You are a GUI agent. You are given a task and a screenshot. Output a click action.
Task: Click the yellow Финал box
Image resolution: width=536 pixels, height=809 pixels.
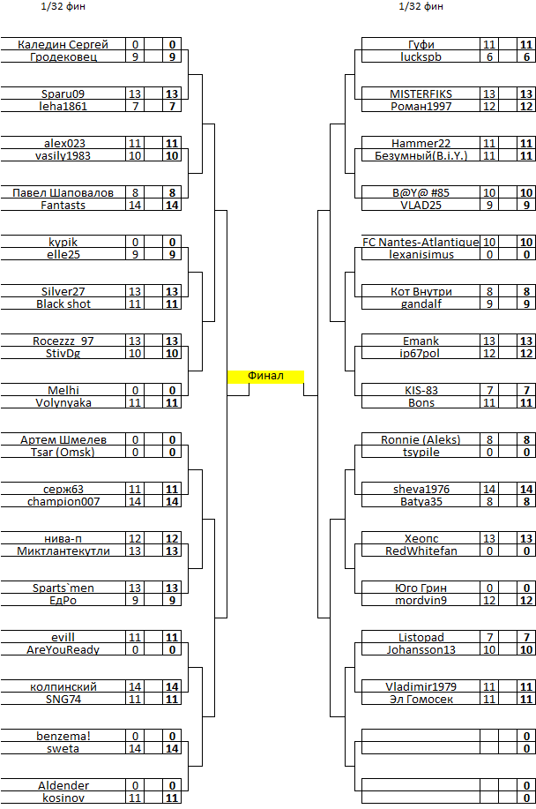[265, 376]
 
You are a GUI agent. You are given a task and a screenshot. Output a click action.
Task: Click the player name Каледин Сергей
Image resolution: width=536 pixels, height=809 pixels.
[63, 44]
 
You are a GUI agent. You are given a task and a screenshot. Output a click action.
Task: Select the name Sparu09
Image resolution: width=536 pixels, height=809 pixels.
[63, 94]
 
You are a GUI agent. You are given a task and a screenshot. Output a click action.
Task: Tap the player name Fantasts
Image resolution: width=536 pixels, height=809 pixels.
[63, 206]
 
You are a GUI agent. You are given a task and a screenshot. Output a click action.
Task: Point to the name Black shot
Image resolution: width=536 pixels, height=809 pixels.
[63, 303]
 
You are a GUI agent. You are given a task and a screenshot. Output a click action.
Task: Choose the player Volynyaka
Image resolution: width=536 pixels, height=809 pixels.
[63, 403]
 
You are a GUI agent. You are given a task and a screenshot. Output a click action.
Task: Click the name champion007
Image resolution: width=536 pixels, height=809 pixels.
[63, 501]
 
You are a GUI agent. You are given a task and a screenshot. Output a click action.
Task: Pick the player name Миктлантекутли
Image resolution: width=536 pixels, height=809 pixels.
[63, 551]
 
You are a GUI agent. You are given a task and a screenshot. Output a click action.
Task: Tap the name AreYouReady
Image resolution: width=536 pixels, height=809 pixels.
[63, 650]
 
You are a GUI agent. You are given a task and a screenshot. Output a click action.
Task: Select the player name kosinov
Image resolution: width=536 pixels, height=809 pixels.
[63, 798]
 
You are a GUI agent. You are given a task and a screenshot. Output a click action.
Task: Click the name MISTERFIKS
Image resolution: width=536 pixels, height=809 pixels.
[421, 94]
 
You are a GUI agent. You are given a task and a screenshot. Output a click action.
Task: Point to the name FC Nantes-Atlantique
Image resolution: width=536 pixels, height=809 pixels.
[421, 242]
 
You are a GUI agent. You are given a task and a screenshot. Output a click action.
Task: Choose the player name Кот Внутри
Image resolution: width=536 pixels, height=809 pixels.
[421, 291]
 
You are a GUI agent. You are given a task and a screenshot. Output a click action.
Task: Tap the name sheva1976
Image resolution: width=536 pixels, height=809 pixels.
[421, 489]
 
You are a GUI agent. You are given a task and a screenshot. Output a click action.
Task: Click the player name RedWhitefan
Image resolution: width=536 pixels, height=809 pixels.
[421, 551]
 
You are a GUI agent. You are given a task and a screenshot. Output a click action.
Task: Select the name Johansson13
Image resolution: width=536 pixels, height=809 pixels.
[421, 650]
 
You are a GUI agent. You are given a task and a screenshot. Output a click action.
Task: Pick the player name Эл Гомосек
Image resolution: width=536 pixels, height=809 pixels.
[421, 700]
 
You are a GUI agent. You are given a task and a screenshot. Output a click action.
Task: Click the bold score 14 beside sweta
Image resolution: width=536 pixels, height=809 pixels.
[172, 749]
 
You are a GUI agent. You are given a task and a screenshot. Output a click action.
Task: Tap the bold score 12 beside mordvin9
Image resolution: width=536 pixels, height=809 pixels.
[526, 601]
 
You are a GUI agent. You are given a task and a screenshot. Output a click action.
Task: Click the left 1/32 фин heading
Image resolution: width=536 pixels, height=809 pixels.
[63, 7]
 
